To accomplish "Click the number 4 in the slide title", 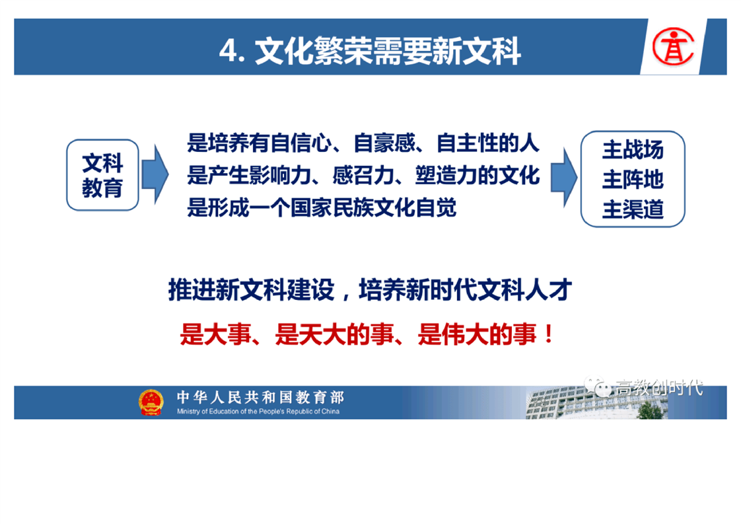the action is pos(228,51).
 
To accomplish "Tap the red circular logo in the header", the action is pos(673,46).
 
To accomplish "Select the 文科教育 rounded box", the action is pos(102,175).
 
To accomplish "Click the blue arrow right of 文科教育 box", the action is pos(155,174).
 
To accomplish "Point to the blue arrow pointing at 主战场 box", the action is pos(564,177).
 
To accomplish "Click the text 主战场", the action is pos(633,150).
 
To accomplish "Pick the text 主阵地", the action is pos(633,180).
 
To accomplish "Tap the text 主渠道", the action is pos(633,209).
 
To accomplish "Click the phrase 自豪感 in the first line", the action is pos(384,143).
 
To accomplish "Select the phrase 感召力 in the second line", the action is pos(363,176).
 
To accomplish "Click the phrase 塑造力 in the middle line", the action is pos(446,176).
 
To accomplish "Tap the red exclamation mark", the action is pos(549,334).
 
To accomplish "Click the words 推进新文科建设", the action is pos(252,290).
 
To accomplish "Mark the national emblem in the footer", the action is pos(151,402).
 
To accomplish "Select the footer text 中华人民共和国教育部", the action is pos(260,397).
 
